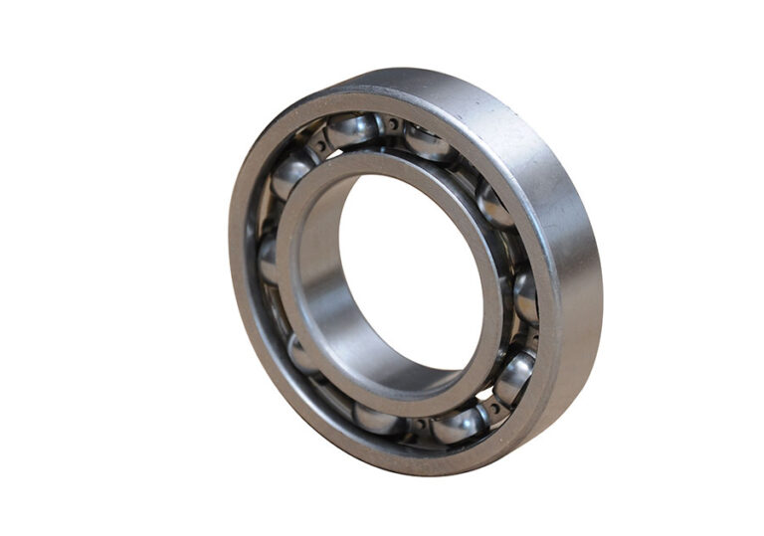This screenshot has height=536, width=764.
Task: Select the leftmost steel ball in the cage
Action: [x=267, y=258]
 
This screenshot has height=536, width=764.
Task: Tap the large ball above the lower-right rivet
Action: [x=514, y=377]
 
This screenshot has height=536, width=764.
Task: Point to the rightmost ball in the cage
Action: [x=526, y=294]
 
